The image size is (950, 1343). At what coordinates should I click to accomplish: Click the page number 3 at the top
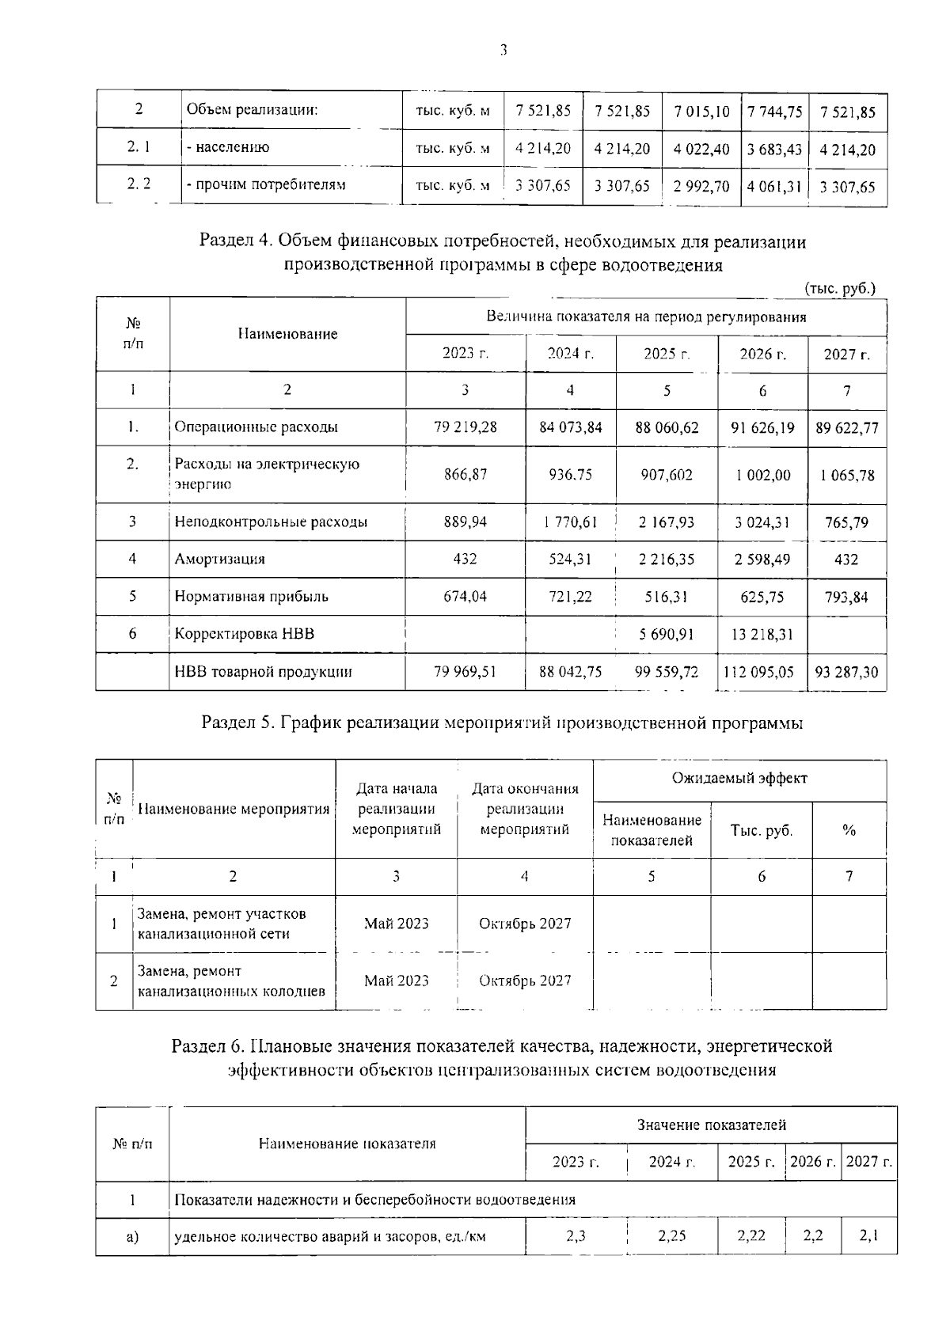[x=503, y=51]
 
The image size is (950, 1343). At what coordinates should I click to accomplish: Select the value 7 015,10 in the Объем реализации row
[x=701, y=112]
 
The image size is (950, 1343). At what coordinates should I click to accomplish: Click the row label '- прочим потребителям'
[x=266, y=185]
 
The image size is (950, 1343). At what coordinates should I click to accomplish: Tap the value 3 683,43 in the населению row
[x=774, y=149]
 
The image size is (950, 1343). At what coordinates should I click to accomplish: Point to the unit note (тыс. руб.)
[x=840, y=288]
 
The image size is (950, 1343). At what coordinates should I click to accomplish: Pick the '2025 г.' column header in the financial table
[x=667, y=354]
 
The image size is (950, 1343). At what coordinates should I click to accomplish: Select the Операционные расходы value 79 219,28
[x=465, y=427]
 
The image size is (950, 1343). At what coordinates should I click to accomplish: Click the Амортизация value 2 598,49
[x=762, y=560]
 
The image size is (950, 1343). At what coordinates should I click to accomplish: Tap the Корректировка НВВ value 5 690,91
[x=667, y=634]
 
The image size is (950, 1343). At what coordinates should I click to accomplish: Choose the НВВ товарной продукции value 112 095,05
[x=762, y=672]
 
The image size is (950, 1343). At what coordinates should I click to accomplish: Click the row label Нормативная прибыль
[x=251, y=597]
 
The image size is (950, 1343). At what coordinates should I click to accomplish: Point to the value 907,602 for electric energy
[x=667, y=475]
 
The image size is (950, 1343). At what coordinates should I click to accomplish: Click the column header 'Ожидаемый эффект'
[x=739, y=779]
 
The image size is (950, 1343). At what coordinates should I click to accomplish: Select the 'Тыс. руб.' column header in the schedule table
[x=761, y=830]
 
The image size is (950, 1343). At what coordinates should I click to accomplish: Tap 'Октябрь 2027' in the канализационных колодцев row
[x=525, y=981]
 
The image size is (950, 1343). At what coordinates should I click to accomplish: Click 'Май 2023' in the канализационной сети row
[x=396, y=924]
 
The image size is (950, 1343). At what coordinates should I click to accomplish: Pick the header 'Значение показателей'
[x=711, y=1125]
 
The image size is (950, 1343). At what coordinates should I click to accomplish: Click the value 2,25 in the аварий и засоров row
[x=671, y=1236]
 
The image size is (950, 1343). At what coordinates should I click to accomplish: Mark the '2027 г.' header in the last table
[x=868, y=1163]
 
